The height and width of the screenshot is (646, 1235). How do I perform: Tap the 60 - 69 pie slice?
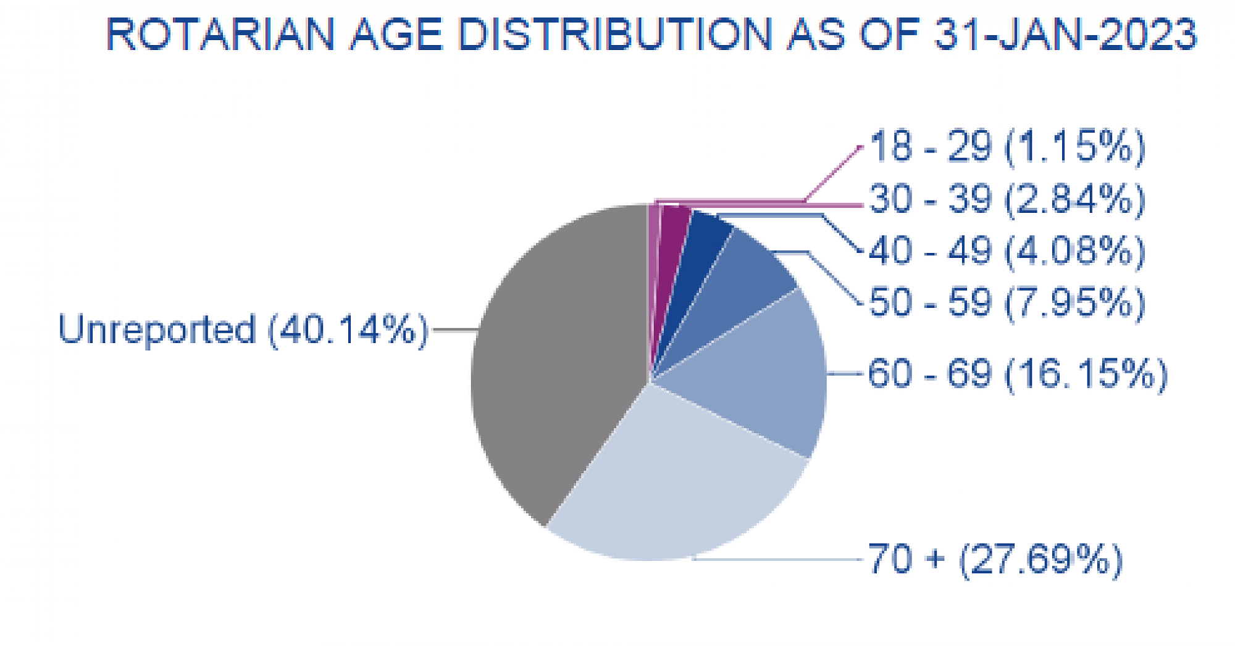tap(760, 370)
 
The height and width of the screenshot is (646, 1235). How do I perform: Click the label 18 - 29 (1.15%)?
tap(1007, 147)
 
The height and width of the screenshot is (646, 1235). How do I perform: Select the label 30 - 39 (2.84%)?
tap(1007, 199)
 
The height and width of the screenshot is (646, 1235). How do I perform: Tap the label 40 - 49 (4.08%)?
tap(1007, 251)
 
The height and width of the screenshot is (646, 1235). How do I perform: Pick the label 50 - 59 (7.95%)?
tap(1007, 302)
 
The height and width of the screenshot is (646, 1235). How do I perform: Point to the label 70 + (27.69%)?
tap(994, 559)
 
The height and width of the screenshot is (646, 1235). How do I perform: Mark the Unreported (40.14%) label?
tap(243, 329)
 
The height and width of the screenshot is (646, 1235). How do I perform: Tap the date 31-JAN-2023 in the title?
tap(1065, 33)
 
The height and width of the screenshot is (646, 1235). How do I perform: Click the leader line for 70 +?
tap(778, 559)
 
